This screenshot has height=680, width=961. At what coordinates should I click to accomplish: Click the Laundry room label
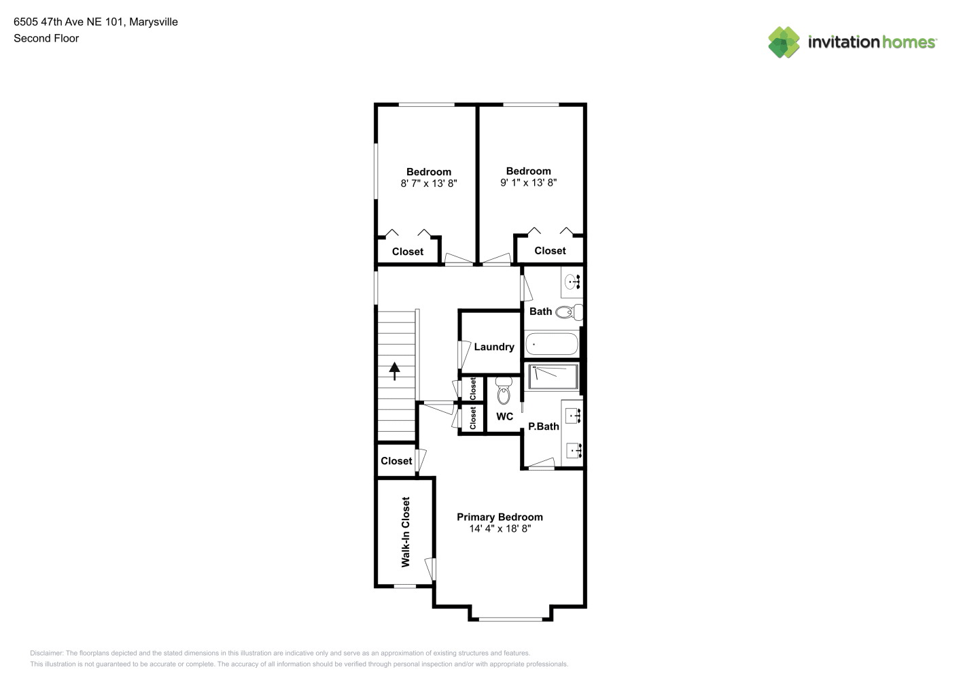coord(494,347)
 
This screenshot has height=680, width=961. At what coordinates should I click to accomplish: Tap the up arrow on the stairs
coord(395,371)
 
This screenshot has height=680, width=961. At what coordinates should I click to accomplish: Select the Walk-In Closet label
coord(406,532)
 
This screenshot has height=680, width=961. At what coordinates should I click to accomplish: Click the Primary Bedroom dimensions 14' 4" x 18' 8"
coord(500,528)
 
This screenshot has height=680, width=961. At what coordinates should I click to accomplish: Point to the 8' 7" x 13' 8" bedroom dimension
coord(429,184)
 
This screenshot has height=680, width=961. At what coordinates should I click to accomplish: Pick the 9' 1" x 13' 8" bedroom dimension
coord(528,182)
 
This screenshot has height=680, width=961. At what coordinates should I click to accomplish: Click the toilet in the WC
coord(504,390)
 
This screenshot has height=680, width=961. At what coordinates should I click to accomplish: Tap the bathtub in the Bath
coord(552,344)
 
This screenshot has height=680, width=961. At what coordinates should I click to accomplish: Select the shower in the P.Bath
coord(553,377)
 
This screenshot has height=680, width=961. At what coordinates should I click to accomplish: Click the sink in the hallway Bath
coord(572,282)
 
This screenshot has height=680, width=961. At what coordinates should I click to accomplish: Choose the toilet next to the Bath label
coord(569,312)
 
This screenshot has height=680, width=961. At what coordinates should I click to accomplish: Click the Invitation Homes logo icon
coord(784,42)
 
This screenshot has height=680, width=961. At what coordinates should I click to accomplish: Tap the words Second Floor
coord(46,38)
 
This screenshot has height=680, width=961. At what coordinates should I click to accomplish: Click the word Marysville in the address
coord(154,22)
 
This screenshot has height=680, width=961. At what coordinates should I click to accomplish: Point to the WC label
coord(504,416)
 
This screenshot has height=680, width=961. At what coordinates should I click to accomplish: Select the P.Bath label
coord(543,426)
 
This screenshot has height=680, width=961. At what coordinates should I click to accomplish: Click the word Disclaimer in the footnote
coord(46,653)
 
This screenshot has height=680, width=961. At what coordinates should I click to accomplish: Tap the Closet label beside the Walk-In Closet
coord(396,461)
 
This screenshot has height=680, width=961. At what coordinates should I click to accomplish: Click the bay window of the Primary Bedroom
coord(510,619)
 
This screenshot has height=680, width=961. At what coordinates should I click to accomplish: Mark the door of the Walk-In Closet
coord(430,569)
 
